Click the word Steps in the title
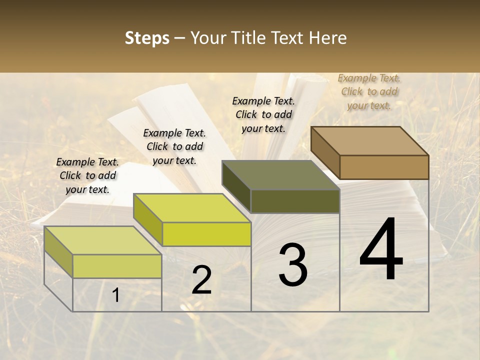(147, 38)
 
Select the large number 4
(381, 250)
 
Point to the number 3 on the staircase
(293, 265)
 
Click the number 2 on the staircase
(201, 280)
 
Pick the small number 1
(116, 295)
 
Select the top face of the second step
(192, 207)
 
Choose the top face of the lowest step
(103, 240)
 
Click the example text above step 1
(87, 175)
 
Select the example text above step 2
(174, 146)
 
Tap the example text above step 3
(263, 114)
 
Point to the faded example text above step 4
(369, 91)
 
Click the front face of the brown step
(384, 167)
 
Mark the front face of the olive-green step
(295, 201)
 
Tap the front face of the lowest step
(117, 266)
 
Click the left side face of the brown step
(325, 152)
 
